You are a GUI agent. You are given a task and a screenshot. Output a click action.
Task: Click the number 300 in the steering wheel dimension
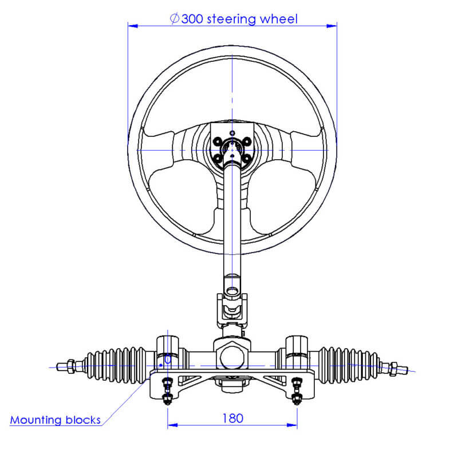[x=192, y=19]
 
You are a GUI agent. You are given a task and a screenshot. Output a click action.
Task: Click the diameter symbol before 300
[x=175, y=19]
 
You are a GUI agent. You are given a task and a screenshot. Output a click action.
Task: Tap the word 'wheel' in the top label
[x=279, y=19]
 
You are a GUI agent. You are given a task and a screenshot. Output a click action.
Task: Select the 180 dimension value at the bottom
[x=232, y=418]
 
